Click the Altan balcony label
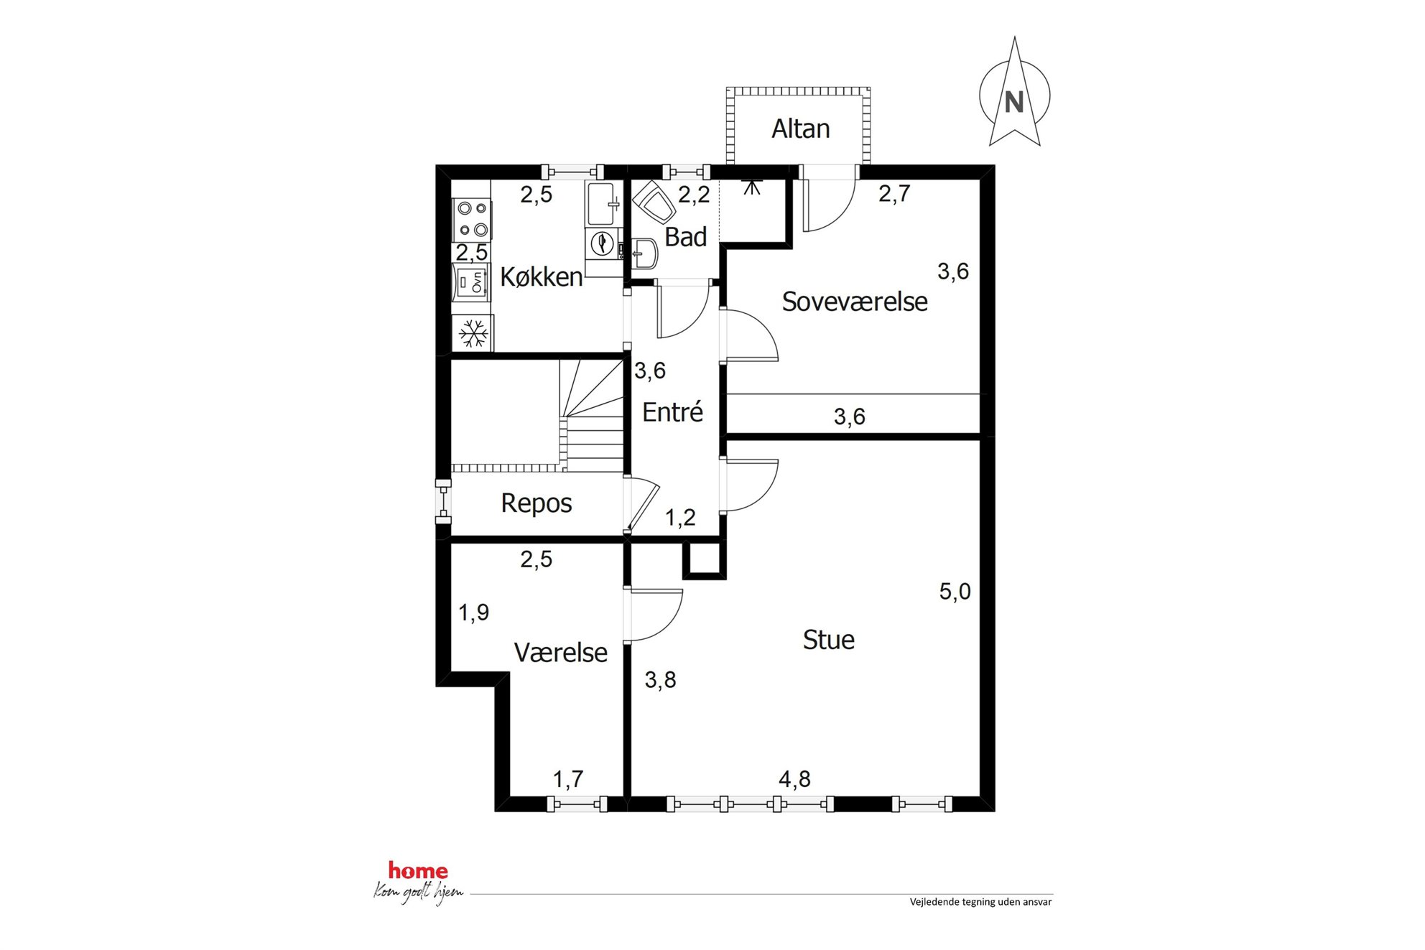click(x=800, y=129)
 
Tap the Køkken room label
click(x=541, y=277)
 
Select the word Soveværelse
click(x=855, y=302)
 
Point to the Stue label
click(x=828, y=640)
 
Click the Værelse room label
click(x=561, y=653)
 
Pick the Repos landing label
click(x=537, y=503)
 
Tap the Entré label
click(x=672, y=412)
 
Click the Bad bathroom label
click(x=685, y=237)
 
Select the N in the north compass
click(x=1013, y=103)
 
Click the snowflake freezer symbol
click(x=473, y=334)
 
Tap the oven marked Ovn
click(x=471, y=282)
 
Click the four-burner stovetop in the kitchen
click(x=472, y=219)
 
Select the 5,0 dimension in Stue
click(x=955, y=592)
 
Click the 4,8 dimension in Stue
click(x=794, y=779)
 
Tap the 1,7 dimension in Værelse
click(x=567, y=779)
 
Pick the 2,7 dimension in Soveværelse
click(x=894, y=193)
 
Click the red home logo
click(x=418, y=871)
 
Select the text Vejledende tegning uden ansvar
click(x=980, y=902)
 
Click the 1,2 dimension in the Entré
click(x=680, y=518)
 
